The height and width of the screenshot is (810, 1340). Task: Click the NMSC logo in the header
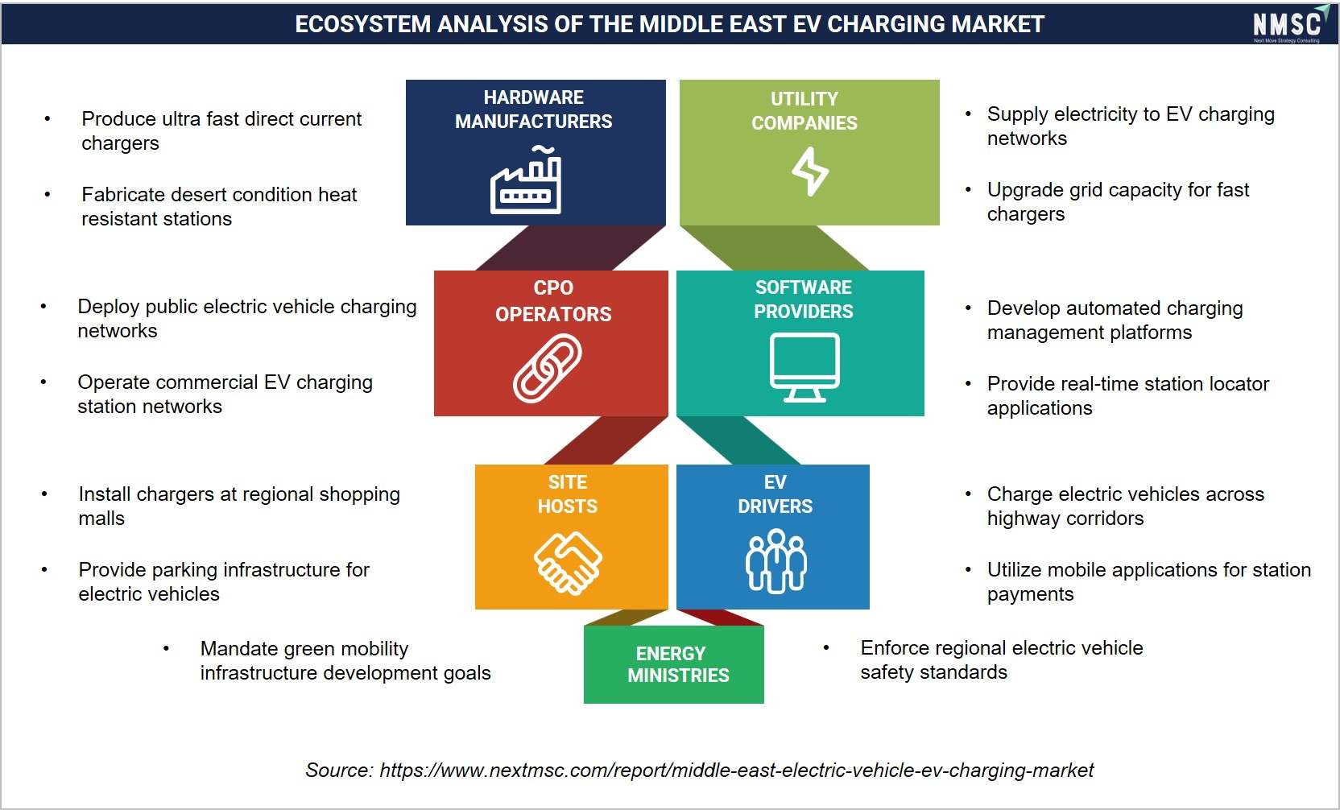coord(1290,24)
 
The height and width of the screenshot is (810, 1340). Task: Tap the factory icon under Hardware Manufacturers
coord(526,180)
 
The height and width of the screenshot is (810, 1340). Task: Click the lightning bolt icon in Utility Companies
coord(810,172)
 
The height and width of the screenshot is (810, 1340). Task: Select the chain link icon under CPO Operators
coord(548,368)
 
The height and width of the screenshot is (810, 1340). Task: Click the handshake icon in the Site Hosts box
coord(568,563)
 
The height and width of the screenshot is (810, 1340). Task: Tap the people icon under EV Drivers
coord(775,561)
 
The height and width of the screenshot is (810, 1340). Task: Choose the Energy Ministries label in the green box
coord(678,664)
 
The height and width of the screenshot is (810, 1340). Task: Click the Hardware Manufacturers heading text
coord(534,110)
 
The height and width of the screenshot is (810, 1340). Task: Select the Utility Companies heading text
coord(804,110)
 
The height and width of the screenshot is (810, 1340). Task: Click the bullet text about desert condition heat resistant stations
coord(219,206)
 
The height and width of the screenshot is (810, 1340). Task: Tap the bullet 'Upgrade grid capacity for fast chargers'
coord(1118,201)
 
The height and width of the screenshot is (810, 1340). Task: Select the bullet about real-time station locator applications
coord(1127,395)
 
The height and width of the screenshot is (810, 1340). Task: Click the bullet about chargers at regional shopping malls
coord(239,506)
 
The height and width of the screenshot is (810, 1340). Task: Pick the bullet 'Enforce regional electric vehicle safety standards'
coord(1002,660)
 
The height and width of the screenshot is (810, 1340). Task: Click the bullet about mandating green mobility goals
coord(345,660)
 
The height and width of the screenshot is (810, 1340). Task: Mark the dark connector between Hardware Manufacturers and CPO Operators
coord(570,248)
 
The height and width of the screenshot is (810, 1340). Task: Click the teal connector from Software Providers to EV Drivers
coord(738,440)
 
